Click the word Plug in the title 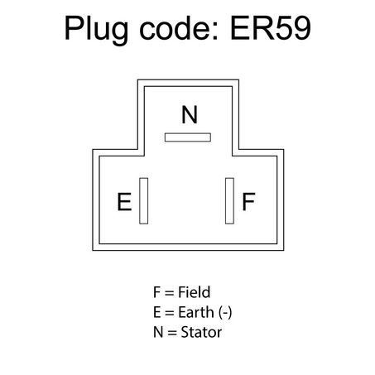tap(96, 30)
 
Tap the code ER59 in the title tap(271, 28)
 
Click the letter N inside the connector tap(190, 114)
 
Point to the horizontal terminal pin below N tap(188, 137)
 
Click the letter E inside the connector tap(124, 201)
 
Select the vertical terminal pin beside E tap(144, 201)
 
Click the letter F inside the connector tap(248, 201)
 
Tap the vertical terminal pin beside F tap(229, 201)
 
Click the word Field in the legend tap(195, 292)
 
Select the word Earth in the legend tap(196, 312)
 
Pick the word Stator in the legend tap(201, 332)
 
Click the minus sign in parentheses tap(225, 314)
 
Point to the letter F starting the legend tap(156, 292)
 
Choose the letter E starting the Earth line tap(156, 312)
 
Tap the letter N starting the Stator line tap(158, 332)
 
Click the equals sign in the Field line tap(170, 293)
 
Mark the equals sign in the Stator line tap(172, 333)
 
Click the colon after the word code tap(216, 31)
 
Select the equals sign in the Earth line tap(170, 313)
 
